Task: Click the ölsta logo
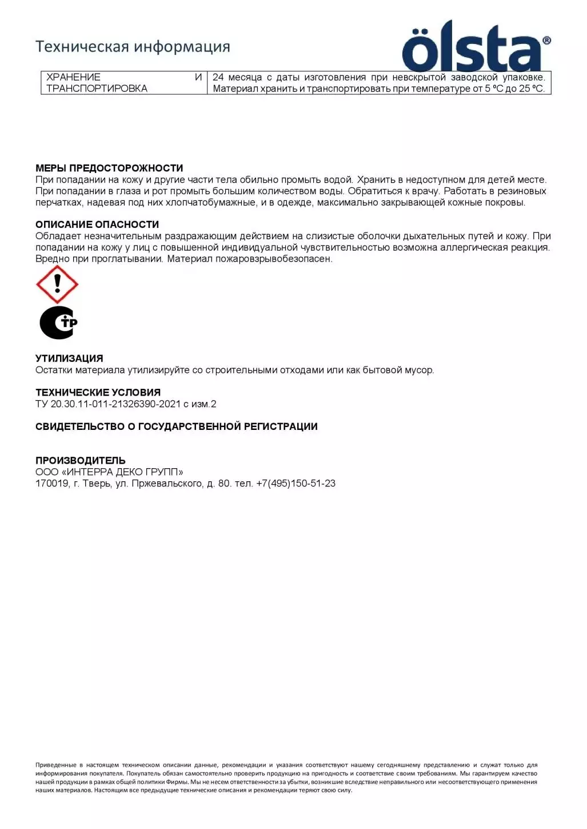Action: (x=476, y=47)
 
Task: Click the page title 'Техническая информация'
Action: (x=133, y=46)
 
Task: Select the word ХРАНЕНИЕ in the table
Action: (x=73, y=77)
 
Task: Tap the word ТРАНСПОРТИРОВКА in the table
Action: (x=97, y=88)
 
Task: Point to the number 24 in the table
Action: (x=218, y=77)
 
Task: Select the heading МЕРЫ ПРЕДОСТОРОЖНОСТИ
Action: (x=109, y=168)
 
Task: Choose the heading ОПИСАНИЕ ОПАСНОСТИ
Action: (x=97, y=224)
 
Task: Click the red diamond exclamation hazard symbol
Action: (x=57, y=284)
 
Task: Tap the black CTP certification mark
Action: (x=58, y=323)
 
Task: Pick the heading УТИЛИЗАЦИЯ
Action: (x=69, y=359)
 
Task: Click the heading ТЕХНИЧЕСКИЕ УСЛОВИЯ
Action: (x=98, y=392)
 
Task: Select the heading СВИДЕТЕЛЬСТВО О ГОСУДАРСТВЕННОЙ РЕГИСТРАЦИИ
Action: (x=176, y=426)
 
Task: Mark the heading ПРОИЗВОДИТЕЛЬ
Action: (x=80, y=460)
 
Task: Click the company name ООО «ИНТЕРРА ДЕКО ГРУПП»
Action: (x=109, y=472)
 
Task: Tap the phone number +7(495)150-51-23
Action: (x=296, y=484)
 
